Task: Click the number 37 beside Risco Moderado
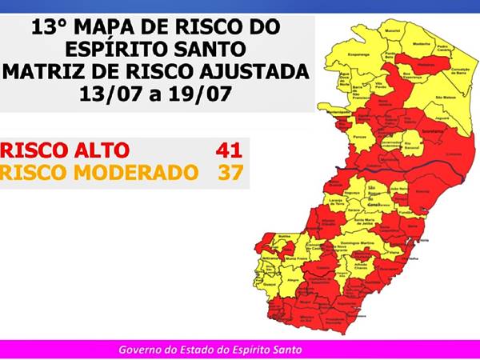[230, 171]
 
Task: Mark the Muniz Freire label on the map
[297, 258]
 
